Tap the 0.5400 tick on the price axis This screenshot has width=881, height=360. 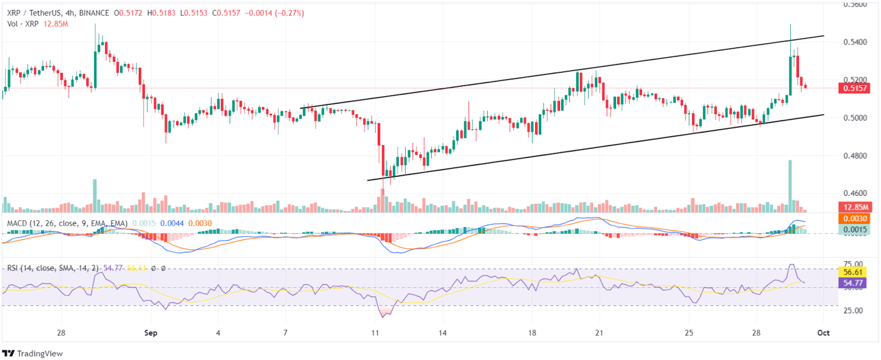pyautogui.click(x=855, y=42)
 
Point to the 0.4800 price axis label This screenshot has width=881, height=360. pyautogui.click(x=855, y=156)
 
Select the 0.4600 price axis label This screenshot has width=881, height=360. pyautogui.click(x=855, y=193)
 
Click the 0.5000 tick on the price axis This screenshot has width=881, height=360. pyautogui.click(x=855, y=118)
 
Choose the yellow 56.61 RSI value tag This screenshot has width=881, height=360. pyautogui.click(x=853, y=272)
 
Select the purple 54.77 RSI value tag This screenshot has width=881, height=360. pyautogui.click(x=853, y=283)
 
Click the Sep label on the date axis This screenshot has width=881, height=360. pyautogui.click(x=150, y=333)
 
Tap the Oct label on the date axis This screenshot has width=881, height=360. pyautogui.click(x=823, y=333)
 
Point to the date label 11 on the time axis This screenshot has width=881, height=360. pyautogui.click(x=375, y=333)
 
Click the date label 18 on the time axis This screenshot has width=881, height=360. pyautogui.click(x=532, y=333)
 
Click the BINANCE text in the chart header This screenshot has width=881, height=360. pyautogui.click(x=94, y=13)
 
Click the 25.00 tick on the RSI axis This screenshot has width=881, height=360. pyautogui.click(x=853, y=310)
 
